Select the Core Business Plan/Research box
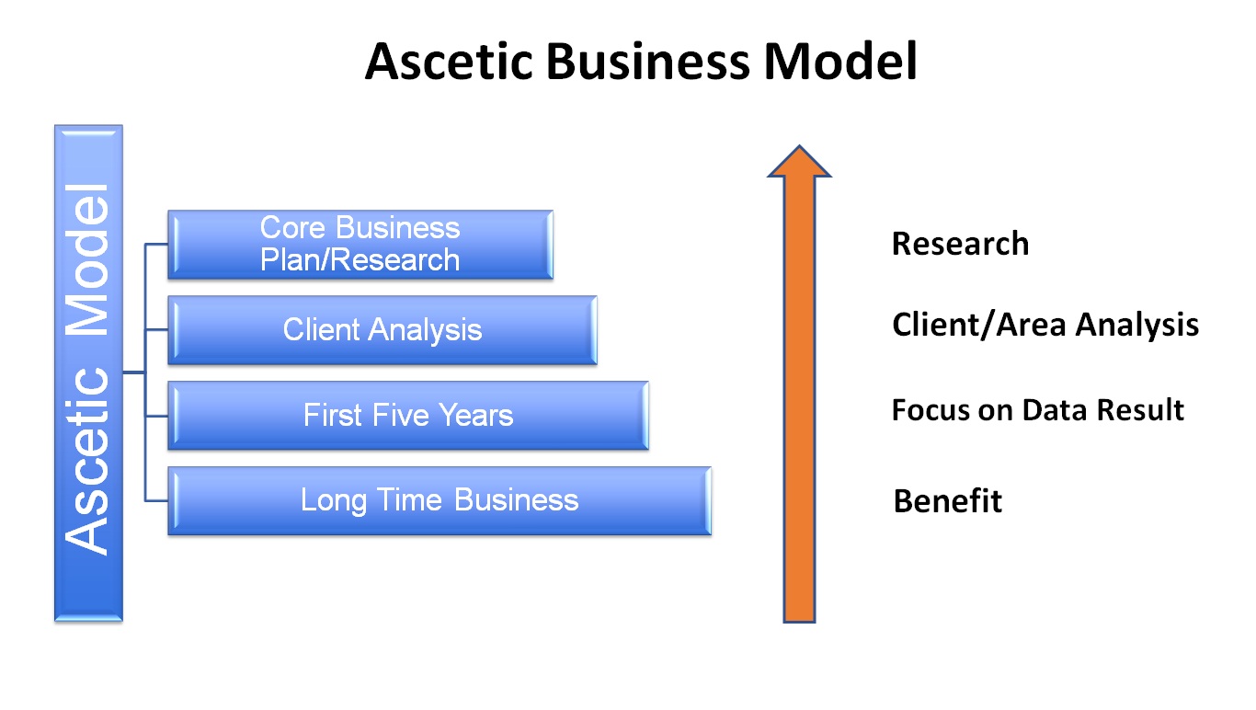click(x=360, y=244)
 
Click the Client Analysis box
click(x=383, y=329)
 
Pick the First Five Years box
click(x=408, y=415)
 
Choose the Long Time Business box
click(x=440, y=500)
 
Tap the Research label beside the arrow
click(x=960, y=244)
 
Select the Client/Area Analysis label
click(x=1045, y=325)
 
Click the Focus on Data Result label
click(x=1037, y=409)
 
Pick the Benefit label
click(x=947, y=501)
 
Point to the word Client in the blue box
click(x=321, y=329)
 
